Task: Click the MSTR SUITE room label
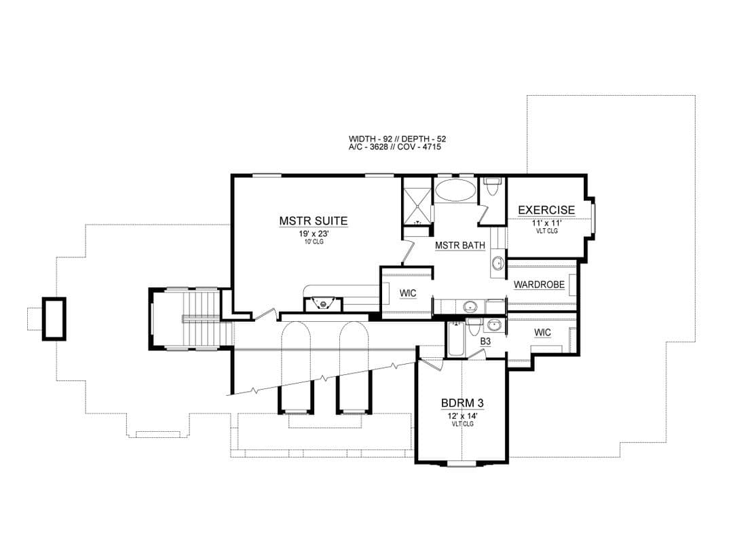313,221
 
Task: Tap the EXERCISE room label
546,210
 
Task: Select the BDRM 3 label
462,403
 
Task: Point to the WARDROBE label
539,285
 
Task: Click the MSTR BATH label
460,245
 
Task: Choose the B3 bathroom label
486,342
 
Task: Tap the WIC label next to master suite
408,293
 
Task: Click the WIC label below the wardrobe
542,333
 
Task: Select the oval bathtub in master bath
456,189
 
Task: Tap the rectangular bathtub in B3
456,339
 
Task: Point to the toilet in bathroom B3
473,327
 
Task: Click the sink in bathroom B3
493,325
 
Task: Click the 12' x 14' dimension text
462,416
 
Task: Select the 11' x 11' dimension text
546,223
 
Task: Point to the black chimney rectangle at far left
54,318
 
